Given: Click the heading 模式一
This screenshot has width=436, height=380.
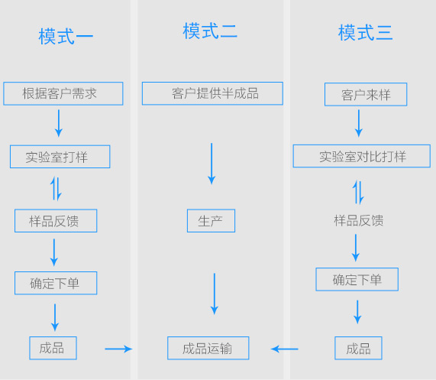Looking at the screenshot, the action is [x=66, y=37].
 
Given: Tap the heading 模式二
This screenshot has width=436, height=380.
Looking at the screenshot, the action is [x=210, y=31].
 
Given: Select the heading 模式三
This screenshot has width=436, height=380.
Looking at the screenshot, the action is [x=365, y=33].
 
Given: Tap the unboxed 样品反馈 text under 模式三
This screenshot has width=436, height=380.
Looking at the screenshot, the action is [x=359, y=220].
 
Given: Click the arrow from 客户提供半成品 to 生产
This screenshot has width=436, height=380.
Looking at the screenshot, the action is [x=212, y=164].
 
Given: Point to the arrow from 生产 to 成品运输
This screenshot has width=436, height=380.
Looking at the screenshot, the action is [x=215, y=294].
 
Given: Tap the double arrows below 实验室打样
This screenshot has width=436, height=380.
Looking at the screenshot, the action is [x=56, y=189].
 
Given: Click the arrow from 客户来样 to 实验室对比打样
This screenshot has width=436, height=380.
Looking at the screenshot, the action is [x=359, y=123].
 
